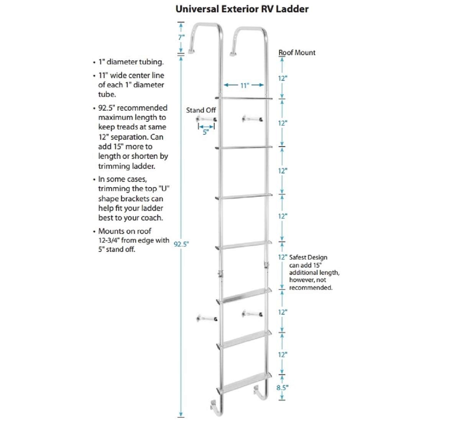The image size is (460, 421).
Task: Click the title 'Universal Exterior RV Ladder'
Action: click(242, 9)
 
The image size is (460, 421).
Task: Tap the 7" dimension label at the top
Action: click(181, 38)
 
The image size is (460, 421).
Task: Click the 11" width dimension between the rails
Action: click(245, 86)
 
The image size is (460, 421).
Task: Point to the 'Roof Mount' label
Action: click(297, 52)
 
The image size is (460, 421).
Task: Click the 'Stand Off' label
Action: click(201, 110)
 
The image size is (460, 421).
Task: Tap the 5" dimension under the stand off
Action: click(205, 132)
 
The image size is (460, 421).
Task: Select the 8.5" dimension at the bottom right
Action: click(283, 387)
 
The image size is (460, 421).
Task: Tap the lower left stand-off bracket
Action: click(206, 318)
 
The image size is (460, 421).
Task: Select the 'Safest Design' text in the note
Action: click(308, 258)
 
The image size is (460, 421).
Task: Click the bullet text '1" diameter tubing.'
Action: click(131, 62)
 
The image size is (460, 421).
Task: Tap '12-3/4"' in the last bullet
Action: click(109, 241)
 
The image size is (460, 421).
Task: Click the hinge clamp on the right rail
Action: click(265, 264)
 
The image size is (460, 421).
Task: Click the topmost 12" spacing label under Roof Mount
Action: click(283, 78)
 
